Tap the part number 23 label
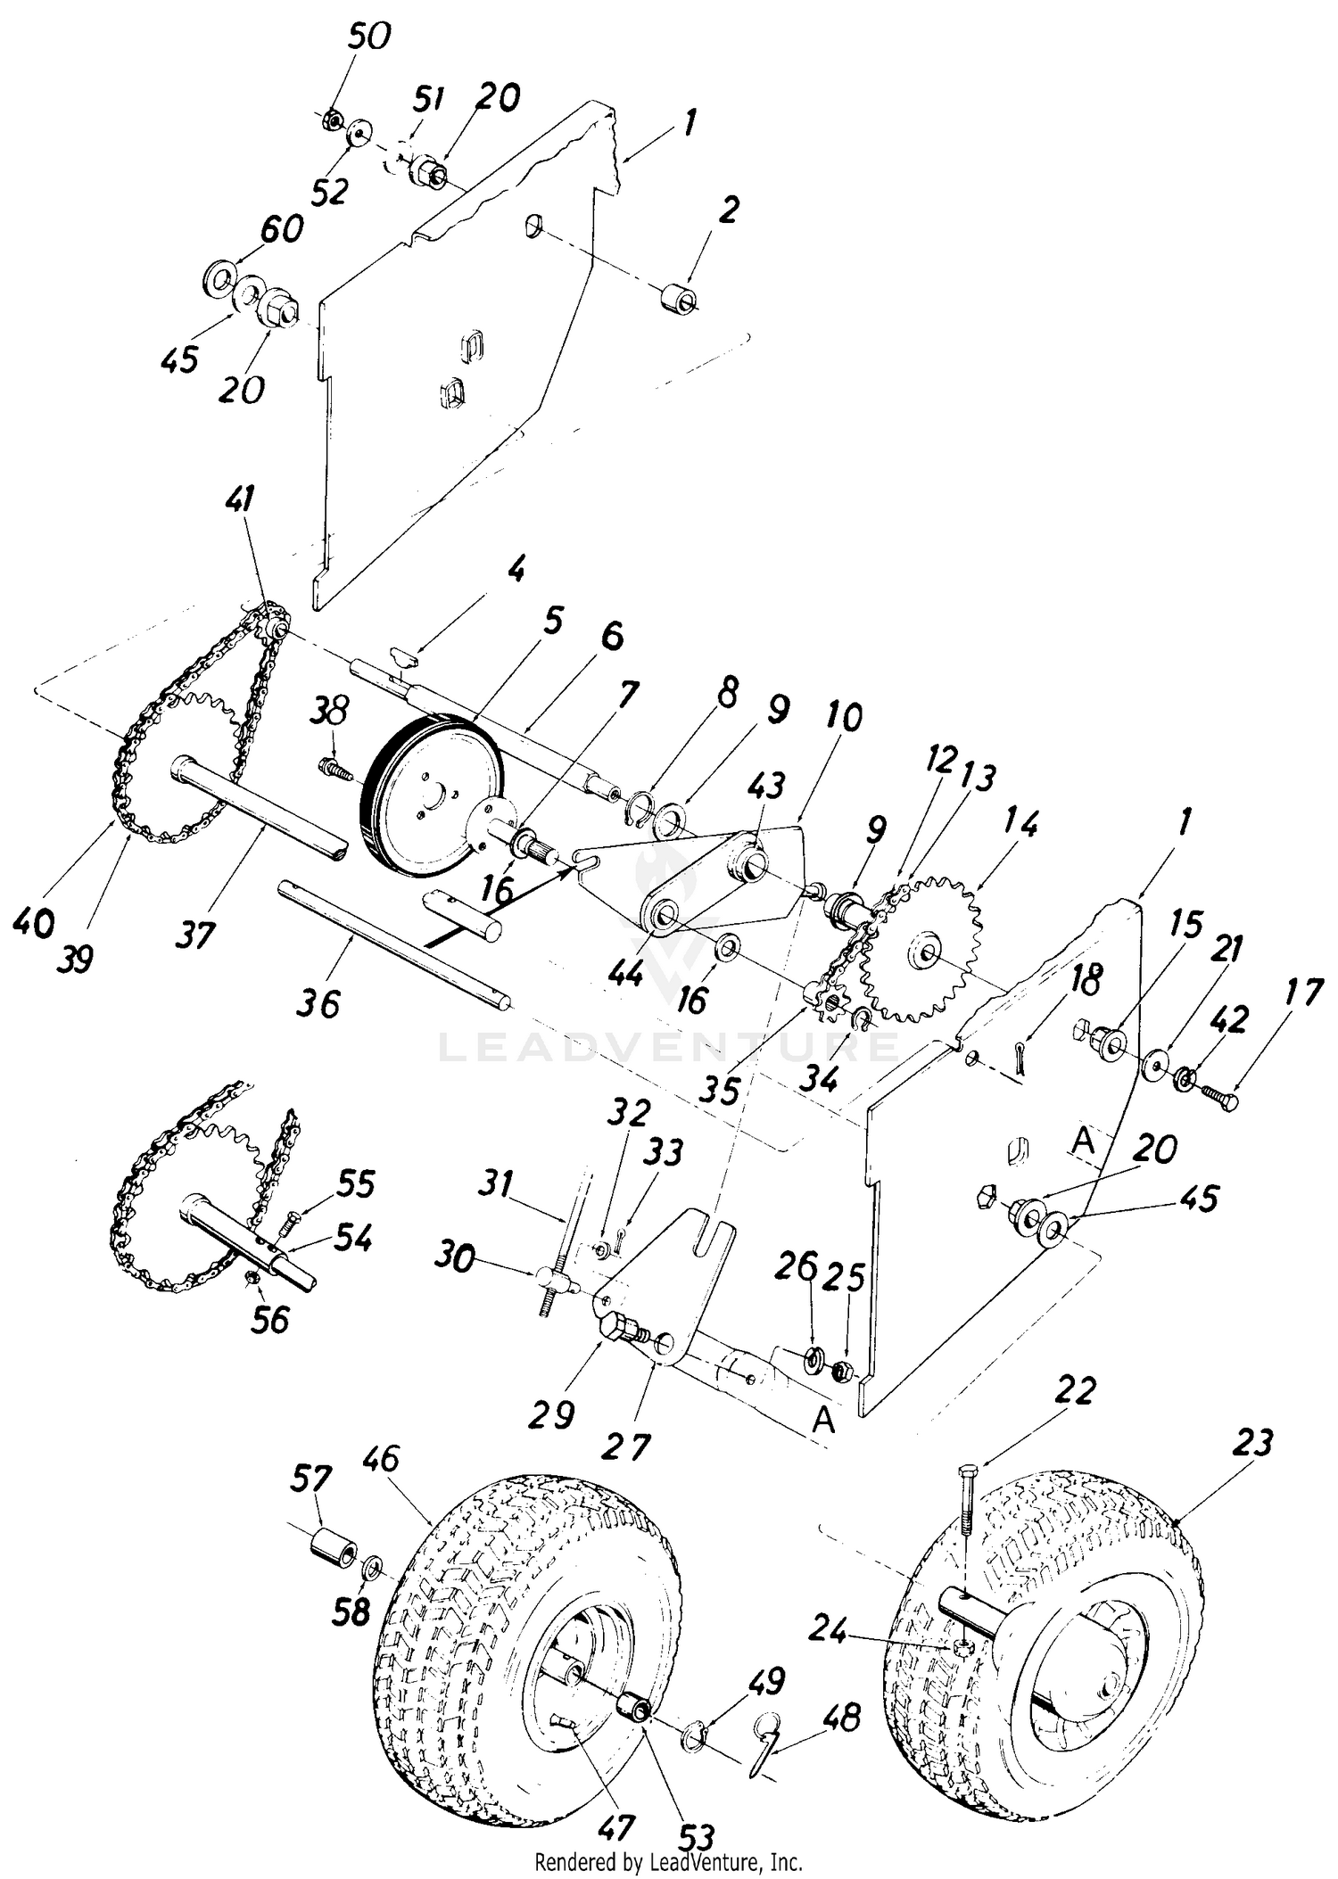(1251, 1443)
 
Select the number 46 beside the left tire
(381, 1460)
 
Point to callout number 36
(318, 1003)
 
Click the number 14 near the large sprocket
(1020, 824)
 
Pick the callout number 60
(283, 228)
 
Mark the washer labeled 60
(217, 277)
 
